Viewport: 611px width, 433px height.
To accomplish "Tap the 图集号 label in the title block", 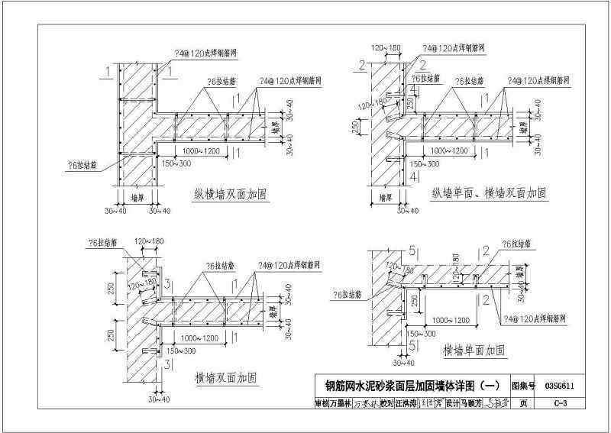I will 523,386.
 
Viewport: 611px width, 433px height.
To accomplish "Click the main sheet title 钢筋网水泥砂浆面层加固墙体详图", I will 405,386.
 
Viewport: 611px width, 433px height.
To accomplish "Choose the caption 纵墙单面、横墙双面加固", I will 489,192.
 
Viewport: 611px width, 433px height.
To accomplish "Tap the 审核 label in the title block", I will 323,404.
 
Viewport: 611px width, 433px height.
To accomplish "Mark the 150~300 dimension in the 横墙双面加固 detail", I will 176,350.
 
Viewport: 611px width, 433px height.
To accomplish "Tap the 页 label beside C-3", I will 523,404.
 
